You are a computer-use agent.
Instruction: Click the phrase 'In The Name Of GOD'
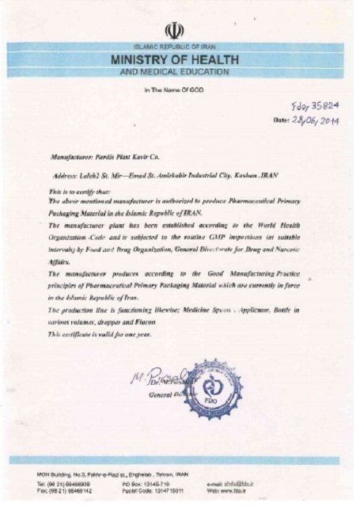pos(173,90)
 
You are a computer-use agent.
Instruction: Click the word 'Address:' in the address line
pos(65,174)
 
